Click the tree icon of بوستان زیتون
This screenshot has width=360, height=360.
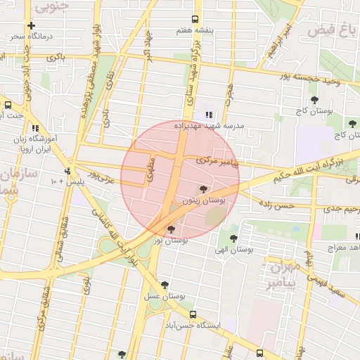pos(203,189)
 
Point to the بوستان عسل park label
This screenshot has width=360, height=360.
pos(164,297)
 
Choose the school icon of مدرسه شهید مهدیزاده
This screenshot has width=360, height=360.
pos(208,115)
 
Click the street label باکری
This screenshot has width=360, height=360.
pos(57,56)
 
